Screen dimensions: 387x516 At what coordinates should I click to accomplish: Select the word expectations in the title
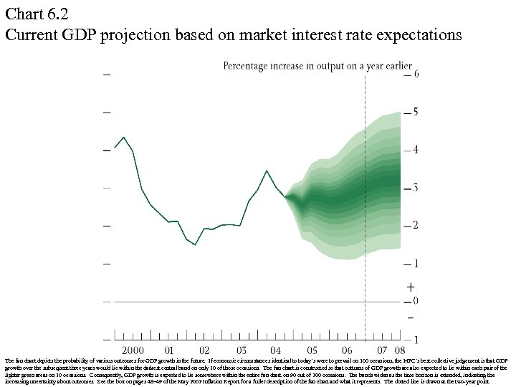click(x=417, y=34)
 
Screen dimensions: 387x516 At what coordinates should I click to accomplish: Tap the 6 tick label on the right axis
click(x=416, y=74)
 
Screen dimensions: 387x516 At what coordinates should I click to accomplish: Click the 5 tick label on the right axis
click(x=416, y=112)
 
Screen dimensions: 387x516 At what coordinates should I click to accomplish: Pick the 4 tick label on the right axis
click(x=416, y=150)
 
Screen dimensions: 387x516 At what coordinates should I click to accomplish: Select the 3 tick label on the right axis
click(x=416, y=188)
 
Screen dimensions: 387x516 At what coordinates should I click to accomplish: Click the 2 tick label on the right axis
click(x=416, y=226)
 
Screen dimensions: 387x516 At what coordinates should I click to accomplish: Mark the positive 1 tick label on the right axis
click(x=416, y=264)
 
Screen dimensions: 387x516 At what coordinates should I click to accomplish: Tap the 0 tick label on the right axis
click(x=416, y=301)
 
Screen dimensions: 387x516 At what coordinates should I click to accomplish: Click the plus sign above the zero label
click(x=410, y=287)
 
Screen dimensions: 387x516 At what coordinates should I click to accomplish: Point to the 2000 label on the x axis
click(x=132, y=350)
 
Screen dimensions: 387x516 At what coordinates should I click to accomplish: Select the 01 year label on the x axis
click(x=169, y=350)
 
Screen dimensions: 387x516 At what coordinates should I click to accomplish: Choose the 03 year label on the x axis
click(x=241, y=350)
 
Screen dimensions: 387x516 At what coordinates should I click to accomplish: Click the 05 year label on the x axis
click(x=312, y=350)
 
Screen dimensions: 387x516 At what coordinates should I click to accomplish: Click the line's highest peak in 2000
click(x=123, y=137)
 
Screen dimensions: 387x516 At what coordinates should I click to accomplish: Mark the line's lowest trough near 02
click(x=195, y=245)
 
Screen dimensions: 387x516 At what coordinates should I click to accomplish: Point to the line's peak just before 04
click(x=267, y=171)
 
